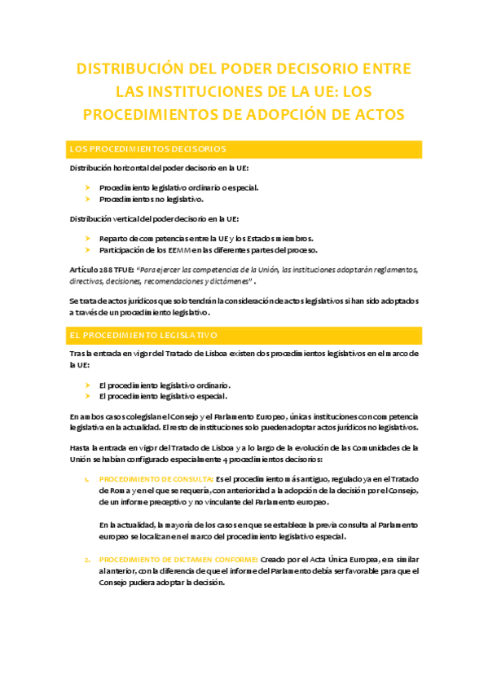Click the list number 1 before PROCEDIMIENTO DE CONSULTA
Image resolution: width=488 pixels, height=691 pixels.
87,478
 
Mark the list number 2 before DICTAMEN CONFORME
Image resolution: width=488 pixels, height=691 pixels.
87,559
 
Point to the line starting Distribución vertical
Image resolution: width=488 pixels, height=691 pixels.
154,218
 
